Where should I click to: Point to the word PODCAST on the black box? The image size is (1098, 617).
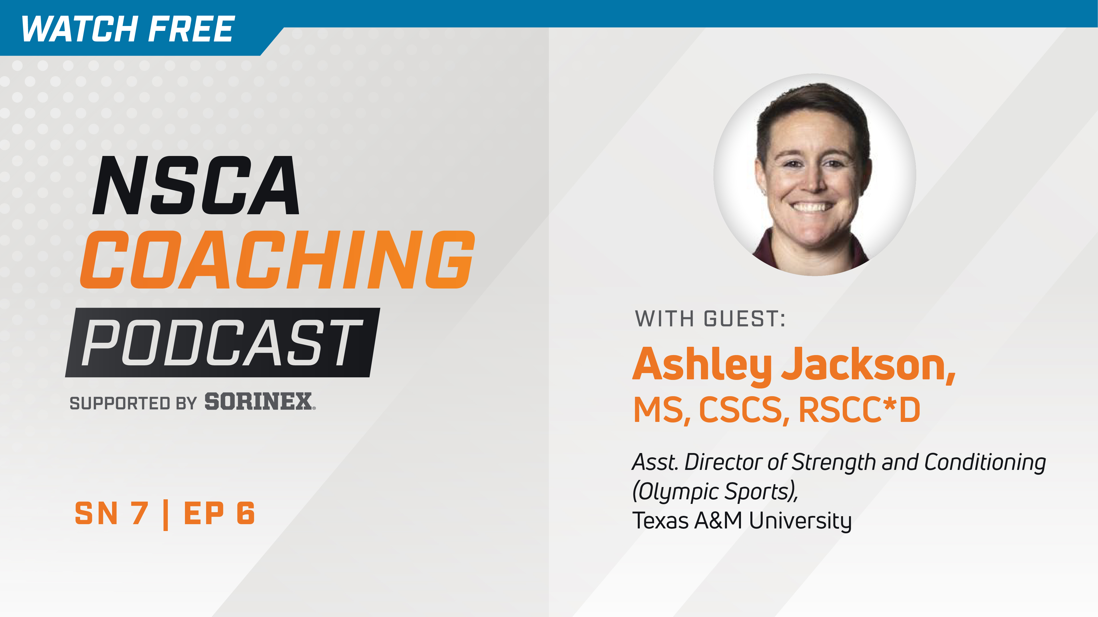click(x=222, y=343)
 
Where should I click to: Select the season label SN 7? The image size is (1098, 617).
click(x=112, y=514)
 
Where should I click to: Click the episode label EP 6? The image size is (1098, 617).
click(x=219, y=514)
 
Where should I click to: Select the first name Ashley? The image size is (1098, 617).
click(x=702, y=365)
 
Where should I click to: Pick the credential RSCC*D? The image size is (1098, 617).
click(x=859, y=410)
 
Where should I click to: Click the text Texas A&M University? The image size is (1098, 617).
click(x=742, y=520)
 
